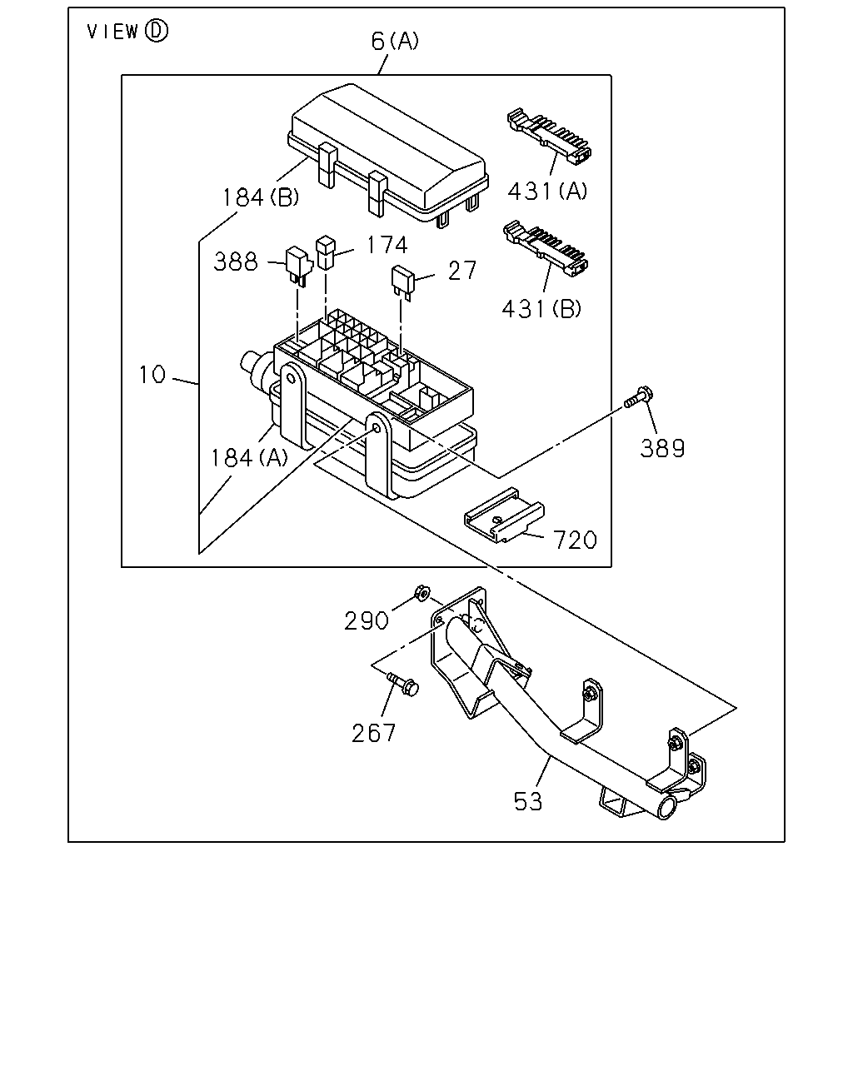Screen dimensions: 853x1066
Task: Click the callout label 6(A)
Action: (395, 41)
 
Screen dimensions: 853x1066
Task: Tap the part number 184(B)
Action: (261, 197)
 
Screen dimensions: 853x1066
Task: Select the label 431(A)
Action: (547, 191)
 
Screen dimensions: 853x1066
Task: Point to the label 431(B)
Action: (541, 309)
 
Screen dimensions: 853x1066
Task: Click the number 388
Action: (236, 262)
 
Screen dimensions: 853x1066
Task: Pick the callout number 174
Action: (387, 245)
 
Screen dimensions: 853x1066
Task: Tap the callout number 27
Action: (462, 271)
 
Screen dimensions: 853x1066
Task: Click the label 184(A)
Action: (249, 458)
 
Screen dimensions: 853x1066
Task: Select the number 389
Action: (662, 448)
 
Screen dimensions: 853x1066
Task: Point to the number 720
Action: (575, 540)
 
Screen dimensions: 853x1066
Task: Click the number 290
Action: (367, 620)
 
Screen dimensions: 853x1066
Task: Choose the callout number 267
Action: (374, 733)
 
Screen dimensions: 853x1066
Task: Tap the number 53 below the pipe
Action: (528, 801)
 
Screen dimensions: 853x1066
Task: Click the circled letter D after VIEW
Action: (157, 31)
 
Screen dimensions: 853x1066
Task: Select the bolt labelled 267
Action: (403, 684)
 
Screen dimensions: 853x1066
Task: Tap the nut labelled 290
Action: (422, 593)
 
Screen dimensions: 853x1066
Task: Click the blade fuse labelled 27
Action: (402, 282)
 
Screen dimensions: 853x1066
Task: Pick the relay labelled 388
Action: (299, 266)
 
